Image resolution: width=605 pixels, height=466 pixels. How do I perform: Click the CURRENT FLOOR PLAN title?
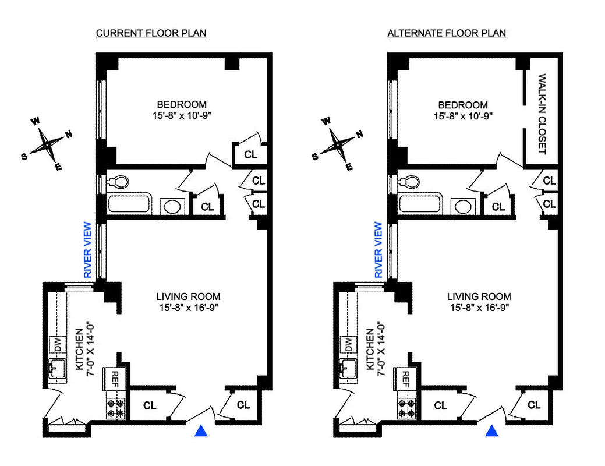click(x=151, y=33)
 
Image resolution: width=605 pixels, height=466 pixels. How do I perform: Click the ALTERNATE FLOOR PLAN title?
click(x=446, y=33)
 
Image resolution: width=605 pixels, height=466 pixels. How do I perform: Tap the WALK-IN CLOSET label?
click(x=542, y=114)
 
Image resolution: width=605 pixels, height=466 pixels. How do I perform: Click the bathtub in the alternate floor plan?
click(x=420, y=206)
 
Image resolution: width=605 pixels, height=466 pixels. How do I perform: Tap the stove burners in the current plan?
click(x=116, y=407)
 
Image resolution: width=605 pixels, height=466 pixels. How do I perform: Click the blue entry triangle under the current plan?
click(x=201, y=431)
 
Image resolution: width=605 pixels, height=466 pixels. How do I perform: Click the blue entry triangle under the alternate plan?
click(x=492, y=431)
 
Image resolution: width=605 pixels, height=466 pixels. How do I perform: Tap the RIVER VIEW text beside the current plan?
click(x=87, y=249)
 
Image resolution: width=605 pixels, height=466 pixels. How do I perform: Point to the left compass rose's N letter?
click(x=69, y=135)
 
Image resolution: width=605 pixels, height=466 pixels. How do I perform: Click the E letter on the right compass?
click(x=350, y=167)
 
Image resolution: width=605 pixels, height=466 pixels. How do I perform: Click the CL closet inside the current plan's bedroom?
click(x=250, y=155)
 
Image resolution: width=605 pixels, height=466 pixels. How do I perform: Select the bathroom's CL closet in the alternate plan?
click(x=498, y=206)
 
